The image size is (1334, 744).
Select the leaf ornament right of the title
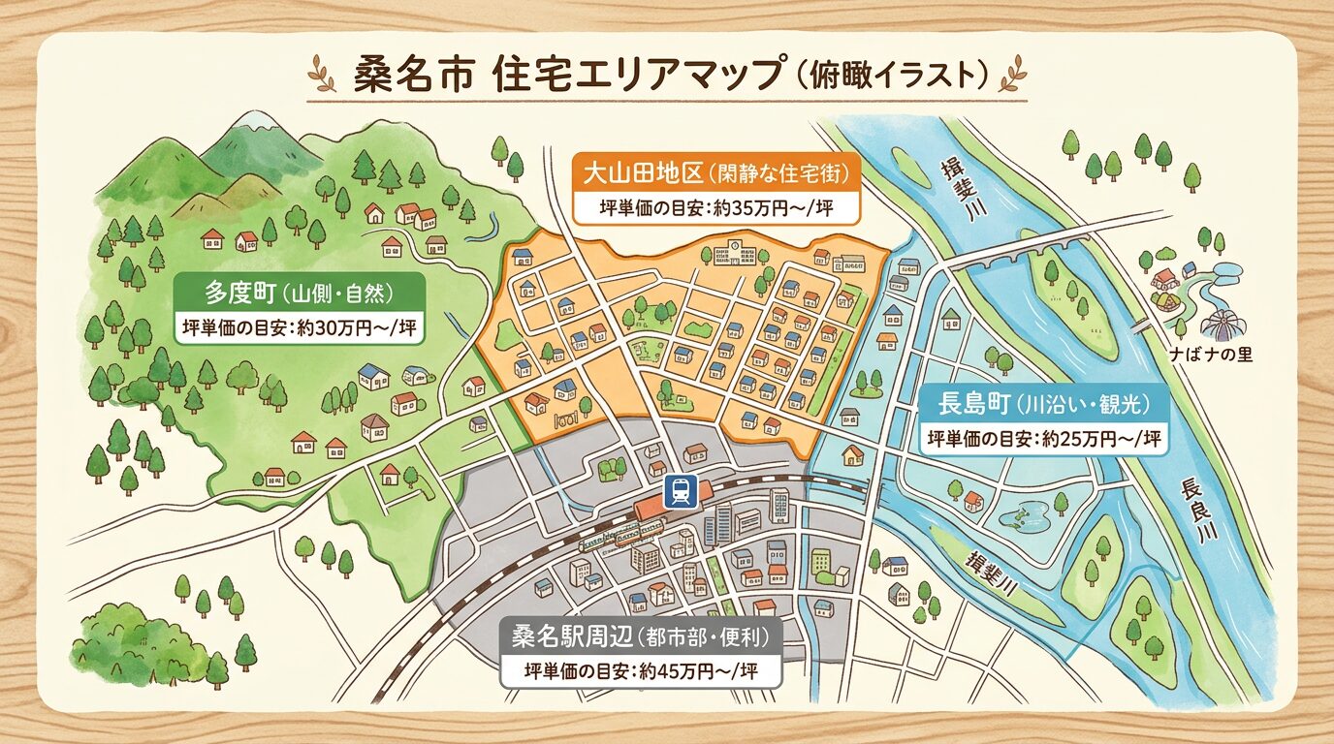tap(1013, 74)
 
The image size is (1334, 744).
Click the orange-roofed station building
tap(651, 511)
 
